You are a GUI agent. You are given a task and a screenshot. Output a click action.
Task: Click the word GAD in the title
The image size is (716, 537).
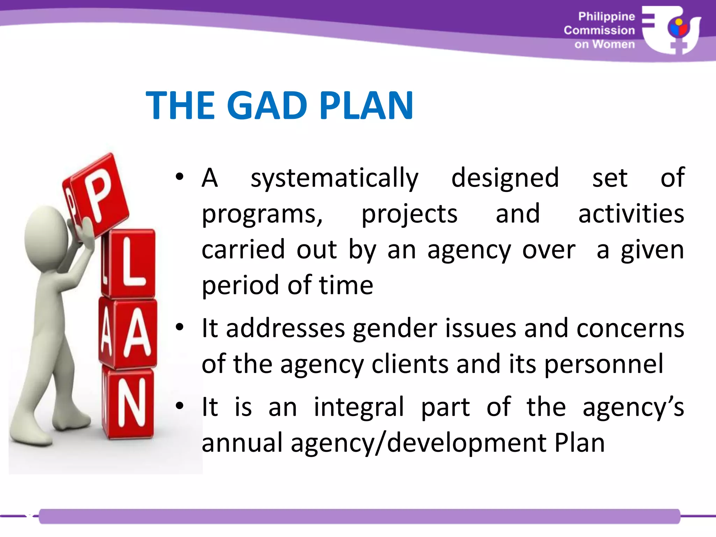point(267,105)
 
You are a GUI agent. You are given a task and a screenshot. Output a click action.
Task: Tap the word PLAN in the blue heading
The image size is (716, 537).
point(366,105)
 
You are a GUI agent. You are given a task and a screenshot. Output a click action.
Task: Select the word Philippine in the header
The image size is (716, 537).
point(606,16)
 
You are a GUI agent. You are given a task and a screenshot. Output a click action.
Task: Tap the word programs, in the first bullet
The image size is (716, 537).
point(262,214)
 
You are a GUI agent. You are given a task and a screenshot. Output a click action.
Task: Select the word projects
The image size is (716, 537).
point(409,214)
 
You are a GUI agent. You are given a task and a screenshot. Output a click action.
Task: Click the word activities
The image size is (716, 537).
point(631,214)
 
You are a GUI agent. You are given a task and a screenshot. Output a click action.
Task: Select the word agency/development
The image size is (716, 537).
point(418,443)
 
